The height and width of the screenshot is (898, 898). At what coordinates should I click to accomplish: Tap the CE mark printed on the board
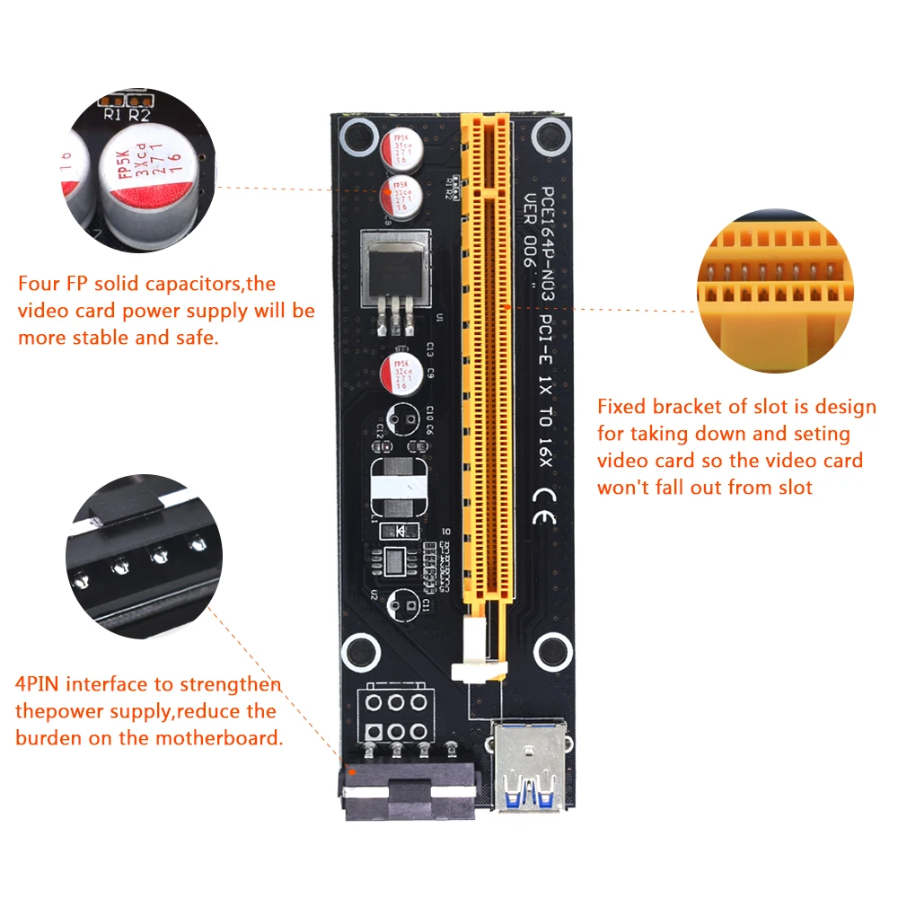pyautogui.click(x=546, y=499)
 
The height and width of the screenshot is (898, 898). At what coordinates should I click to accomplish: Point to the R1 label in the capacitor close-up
pyautogui.click(x=113, y=114)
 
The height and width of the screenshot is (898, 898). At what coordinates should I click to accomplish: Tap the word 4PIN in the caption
pyautogui.click(x=37, y=684)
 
